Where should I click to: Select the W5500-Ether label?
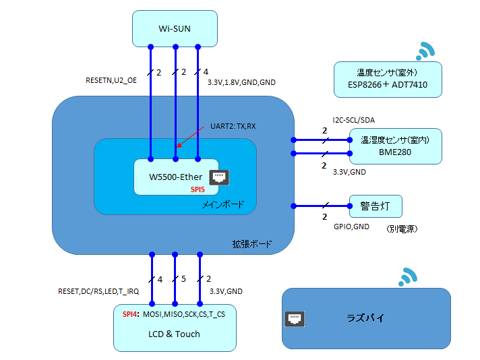click(176, 177)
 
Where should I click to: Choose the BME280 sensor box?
click(395, 146)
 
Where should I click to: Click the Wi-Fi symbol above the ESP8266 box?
click(425, 51)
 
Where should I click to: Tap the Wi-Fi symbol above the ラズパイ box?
click(409, 276)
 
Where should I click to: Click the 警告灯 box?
click(376, 205)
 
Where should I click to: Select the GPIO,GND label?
click(351, 227)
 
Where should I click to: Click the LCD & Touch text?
click(175, 334)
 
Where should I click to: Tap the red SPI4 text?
click(131, 315)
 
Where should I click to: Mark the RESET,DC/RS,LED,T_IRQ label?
click(98, 291)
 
